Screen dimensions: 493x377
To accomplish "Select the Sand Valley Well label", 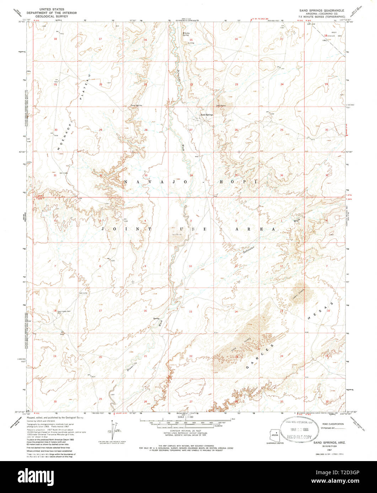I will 54,311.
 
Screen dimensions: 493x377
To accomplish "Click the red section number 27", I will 191,130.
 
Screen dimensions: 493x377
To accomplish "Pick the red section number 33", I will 146,175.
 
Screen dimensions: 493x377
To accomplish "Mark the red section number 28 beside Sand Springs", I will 146,130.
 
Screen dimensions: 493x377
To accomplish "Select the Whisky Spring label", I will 185,34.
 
